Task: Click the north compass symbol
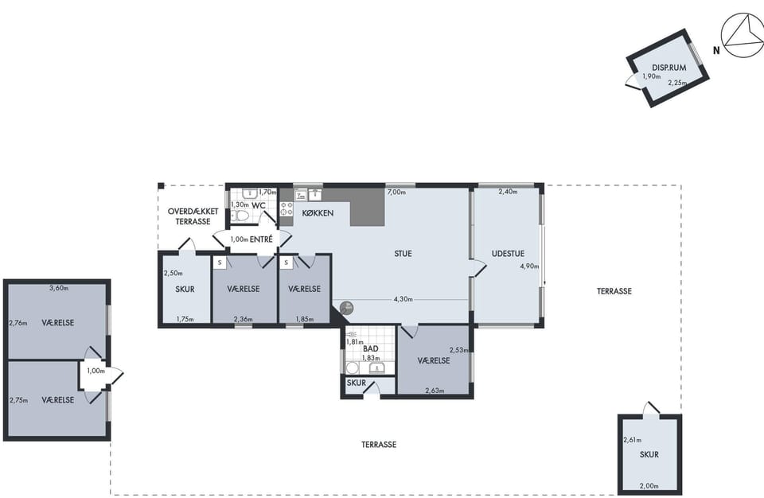[743, 35]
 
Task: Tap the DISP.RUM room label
[669, 68]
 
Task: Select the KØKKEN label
[318, 213]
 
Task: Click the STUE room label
[403, 254]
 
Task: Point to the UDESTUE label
[508, 254]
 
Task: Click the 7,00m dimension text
[396, 192]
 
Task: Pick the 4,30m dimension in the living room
[403, 299]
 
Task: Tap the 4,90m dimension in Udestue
[530, 266]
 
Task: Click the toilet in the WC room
[240, 216]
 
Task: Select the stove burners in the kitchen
[286, 209]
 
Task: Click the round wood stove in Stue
[347, 308]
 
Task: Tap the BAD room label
[371, 349]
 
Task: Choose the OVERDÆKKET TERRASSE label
[193, 216]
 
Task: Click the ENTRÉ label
[261, 239]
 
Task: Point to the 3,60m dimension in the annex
[59, 288]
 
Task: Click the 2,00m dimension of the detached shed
[649, 486]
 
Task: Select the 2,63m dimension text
[435, 391]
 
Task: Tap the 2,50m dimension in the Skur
[173, 274]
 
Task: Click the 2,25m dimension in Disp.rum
[677, 83]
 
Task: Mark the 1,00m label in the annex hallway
[96, 371]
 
